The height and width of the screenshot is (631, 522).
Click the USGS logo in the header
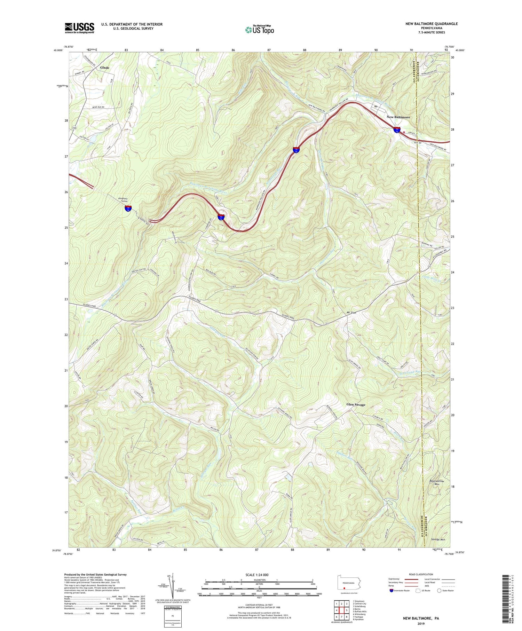[x=79, y=28]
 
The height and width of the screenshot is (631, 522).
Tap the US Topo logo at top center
[x=259, y=30]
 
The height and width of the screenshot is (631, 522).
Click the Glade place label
[x=104, y=68]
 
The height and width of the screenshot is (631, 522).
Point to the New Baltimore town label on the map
[x=398, y=117]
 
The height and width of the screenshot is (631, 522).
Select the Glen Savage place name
[x=356, y=404]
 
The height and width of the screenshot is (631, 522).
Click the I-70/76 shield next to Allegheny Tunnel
[x=128, y=208]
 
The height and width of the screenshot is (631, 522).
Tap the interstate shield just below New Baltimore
[x=397, y=130]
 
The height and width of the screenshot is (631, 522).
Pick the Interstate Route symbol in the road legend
[x=392, y=591]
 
